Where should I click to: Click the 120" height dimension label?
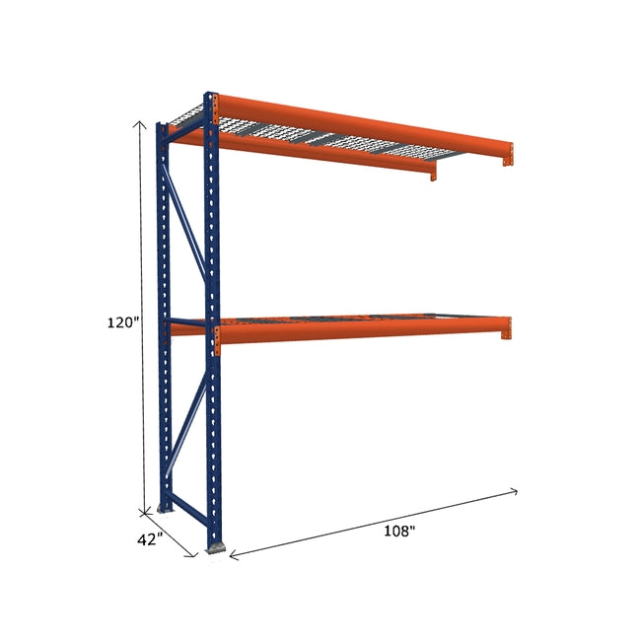click(x=124, y=321)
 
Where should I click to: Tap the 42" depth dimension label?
click(x=149, y=540)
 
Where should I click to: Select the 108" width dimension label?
click(x=398, y=532)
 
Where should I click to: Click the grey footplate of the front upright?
click(x=214, y=544)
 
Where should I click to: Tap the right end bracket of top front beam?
click(x=508, y=154)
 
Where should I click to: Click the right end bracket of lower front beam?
click(x=506, y=328)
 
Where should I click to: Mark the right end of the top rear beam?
click(x=432, y=172)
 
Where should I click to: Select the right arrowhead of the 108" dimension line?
click(x=514, y=490)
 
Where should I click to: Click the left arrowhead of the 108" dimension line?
click(x=233, y=556)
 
